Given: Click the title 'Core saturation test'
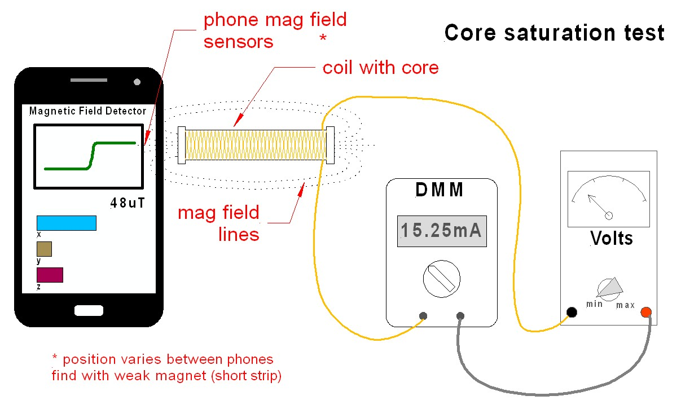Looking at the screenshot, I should pos(555,33).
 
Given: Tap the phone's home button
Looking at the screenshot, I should pos(89,310).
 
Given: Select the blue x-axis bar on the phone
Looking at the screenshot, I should pos(66,223).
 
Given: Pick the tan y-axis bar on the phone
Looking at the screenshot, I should pos(44,249).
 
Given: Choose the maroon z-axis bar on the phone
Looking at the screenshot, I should pos(50,275).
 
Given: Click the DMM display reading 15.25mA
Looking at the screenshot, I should pos(442,231).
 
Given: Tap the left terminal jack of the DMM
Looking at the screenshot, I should pos(423,316).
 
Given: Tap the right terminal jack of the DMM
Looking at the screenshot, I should pos(460,316).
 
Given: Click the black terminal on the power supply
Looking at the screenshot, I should pos(572,312).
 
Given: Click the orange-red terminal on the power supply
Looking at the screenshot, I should pos(646,312).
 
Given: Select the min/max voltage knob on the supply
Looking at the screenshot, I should pos(609,288).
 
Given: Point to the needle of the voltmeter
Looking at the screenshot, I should pos(598,205).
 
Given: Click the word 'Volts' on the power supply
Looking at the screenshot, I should pos(611,238).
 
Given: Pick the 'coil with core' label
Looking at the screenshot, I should pos(380,68).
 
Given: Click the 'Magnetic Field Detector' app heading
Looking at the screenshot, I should pos(87,111).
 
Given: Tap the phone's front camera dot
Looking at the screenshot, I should pos(137,82).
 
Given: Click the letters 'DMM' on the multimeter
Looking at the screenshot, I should pos(440,190).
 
